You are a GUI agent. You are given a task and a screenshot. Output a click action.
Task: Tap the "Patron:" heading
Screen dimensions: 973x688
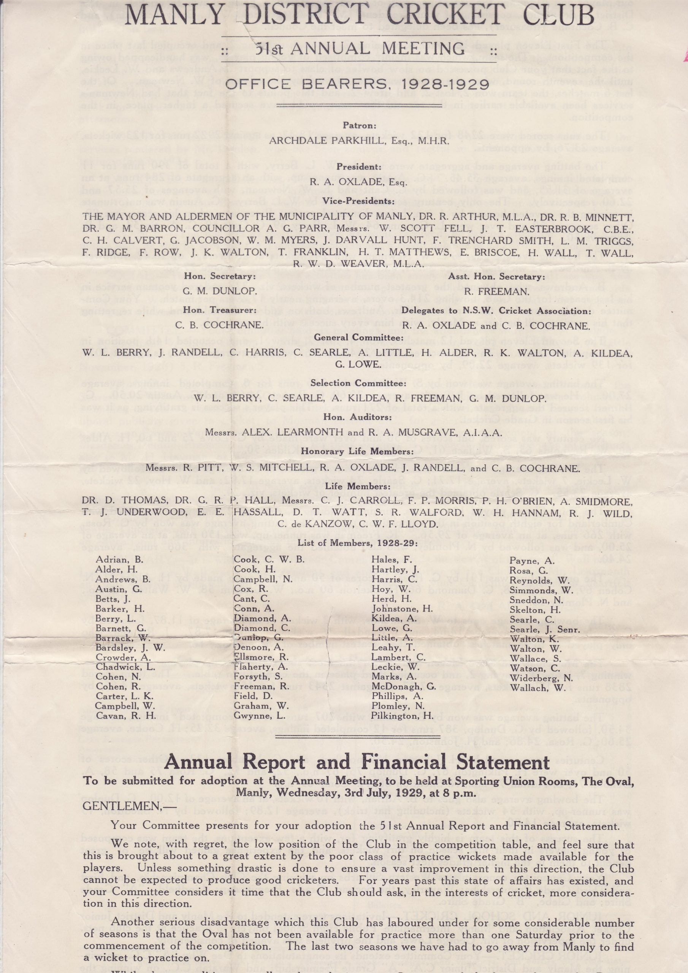click(x=359, y=126)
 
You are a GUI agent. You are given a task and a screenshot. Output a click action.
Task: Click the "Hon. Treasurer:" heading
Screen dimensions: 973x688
click(x=220, y=310)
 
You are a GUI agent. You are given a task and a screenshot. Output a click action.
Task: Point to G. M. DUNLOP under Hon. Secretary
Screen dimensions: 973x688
click(x=220, y=292)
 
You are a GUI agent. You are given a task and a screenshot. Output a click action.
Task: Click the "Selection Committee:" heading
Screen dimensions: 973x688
click(x=358, y=383)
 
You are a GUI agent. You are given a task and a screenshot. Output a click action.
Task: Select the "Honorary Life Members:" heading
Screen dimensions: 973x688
click(x=357, y=451)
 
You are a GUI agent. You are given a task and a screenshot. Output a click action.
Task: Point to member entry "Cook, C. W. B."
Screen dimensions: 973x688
click(x=269, y=559)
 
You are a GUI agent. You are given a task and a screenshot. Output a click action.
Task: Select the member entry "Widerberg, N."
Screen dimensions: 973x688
click(x=541, y=678)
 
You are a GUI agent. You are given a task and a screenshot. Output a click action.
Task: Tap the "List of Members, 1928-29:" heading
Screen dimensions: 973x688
click(x=357, y=543)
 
